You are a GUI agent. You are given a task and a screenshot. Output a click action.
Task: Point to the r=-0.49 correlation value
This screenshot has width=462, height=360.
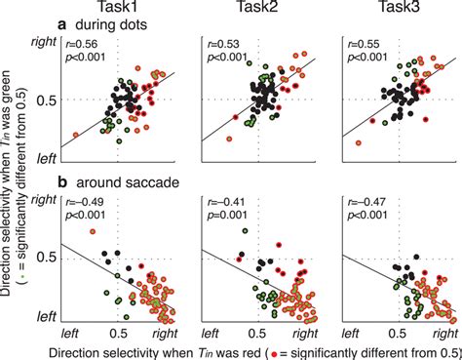click(x=84, y=202)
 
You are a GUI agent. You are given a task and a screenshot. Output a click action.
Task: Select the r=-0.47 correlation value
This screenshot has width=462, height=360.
click(x=366, y=202)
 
